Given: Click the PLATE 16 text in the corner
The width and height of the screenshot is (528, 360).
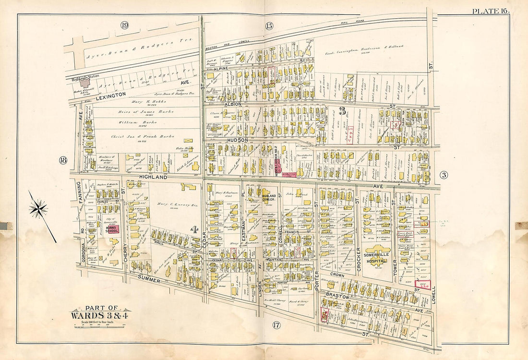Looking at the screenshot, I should pos(491,11).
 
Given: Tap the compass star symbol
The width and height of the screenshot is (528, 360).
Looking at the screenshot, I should pos(38,208).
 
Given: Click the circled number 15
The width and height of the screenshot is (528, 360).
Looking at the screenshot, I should pos(269,26).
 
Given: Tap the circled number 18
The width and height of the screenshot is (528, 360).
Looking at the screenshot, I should pos(62,160).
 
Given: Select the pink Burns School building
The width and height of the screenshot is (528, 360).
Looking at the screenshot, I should pos(111,229).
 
